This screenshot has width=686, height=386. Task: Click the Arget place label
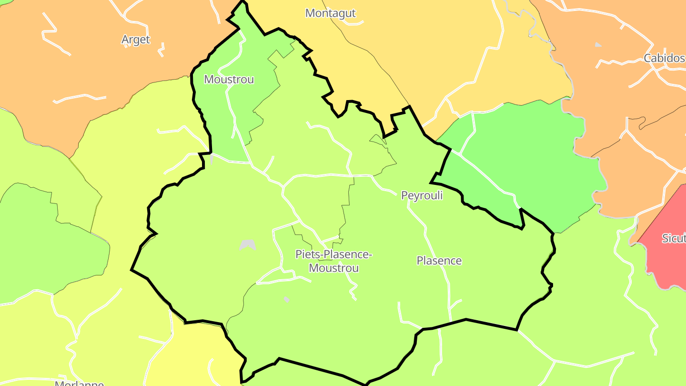(136, 40)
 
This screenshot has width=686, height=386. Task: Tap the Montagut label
(330, 13)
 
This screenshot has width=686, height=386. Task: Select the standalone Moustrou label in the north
(229, 79)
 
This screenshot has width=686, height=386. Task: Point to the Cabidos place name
(664, 58)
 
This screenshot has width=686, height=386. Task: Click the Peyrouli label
(422, 195)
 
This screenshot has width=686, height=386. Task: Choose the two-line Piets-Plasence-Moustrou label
(333, 261)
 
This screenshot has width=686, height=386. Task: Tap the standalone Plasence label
(439, 261)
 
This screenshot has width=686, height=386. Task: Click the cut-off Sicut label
(674, 238)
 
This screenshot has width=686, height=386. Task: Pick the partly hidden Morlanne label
(79, 383)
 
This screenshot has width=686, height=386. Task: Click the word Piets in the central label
(306, 254)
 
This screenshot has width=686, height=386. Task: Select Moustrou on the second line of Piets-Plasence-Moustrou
(333, 268)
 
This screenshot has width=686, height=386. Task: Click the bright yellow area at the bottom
(191, 353)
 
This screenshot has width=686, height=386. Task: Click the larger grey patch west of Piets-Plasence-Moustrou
(248, 245)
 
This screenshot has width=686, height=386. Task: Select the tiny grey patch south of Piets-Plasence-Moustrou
(286, 299)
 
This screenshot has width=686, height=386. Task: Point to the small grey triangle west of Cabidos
(598, 45)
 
